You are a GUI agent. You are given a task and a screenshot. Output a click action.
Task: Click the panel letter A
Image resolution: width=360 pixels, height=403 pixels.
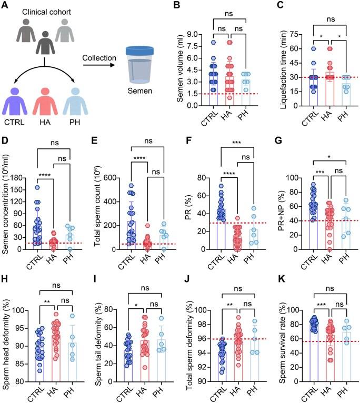coord(6,6)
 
